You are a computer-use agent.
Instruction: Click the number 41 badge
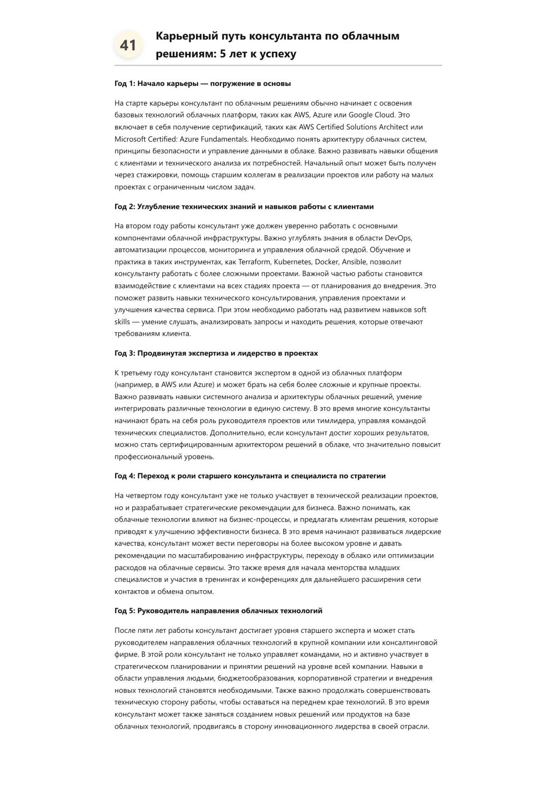coord(128,45)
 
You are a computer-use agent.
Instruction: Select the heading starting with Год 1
coord(203,84)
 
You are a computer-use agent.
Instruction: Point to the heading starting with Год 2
coord(244,207)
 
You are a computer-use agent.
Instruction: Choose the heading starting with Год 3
coord(216,353)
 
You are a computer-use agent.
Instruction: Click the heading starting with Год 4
coord(250,476)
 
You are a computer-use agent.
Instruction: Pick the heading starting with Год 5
coord(218,611)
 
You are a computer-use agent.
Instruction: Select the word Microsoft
coord(130,139)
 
